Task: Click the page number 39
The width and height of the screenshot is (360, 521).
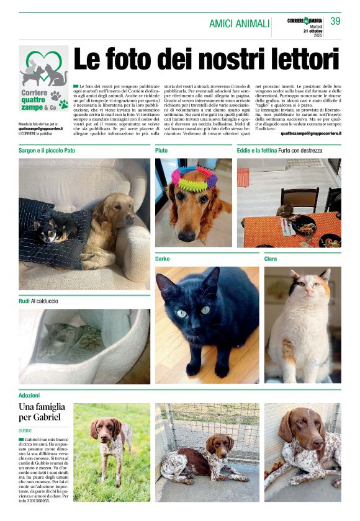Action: [335, 21]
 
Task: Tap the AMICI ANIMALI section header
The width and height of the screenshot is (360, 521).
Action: [239, 24]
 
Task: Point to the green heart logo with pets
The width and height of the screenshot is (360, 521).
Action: [43, 68]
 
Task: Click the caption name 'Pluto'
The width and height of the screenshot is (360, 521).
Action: [161, 150]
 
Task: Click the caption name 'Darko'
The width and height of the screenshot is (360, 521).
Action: [162, 258]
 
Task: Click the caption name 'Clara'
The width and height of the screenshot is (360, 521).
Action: [271, 259]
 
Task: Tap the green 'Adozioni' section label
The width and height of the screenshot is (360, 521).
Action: [29, 395]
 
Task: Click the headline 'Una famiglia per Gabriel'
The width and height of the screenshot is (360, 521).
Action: [41, 412]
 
